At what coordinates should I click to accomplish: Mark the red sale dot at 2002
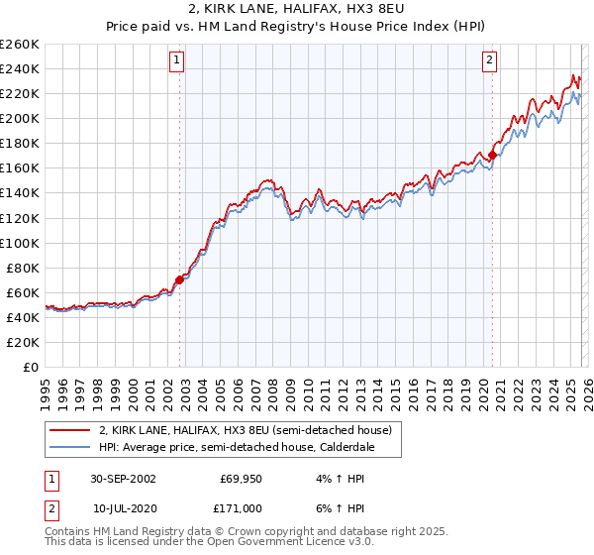coord(180,279)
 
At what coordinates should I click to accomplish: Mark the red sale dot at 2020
coord(492,155)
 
